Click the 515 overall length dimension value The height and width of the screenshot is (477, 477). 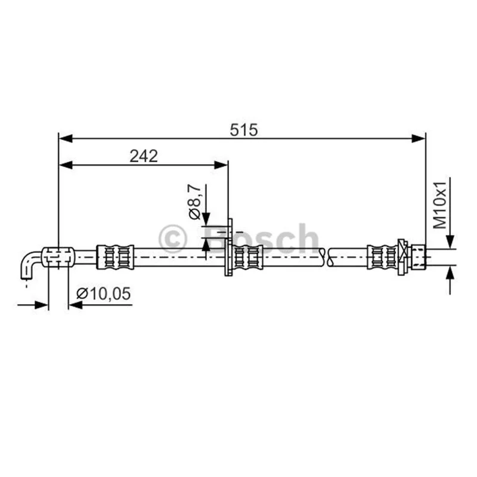[244, 130]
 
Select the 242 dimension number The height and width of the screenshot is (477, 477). [144, 156]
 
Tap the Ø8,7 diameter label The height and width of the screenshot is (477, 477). [196, 202]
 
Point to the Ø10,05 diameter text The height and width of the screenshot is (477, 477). [103, 294]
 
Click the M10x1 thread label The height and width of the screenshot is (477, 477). [440, 205]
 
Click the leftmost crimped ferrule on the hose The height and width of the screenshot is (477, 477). [115, 257]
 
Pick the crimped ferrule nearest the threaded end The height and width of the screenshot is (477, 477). [383, 257]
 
